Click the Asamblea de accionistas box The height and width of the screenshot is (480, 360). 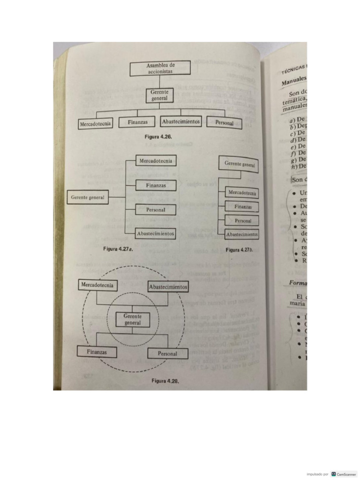pyautogui.click(x=160, y=68)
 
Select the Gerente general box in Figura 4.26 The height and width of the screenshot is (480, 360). pyautogui.click(x=160, y=96)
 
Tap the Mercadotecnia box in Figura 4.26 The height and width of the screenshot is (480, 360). pyautogui.click(x=96, y=124)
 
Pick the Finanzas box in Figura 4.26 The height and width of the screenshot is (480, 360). pyautogui.click(x=137, y=122)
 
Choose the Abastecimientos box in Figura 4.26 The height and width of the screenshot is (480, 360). pyautogui.click(x=181, y=121)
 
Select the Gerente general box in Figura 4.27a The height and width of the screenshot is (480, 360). pyautogui.click(x=88, y=197)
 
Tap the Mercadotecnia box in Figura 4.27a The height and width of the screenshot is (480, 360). pyautogui.click(x=156, y=161)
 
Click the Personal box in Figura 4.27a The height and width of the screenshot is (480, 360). pyautogui.click(x=156, y=210)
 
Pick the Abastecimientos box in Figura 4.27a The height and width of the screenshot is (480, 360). pyautogui.click(x=156, y=233)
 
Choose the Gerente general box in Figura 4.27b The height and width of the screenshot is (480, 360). pyautogui.click(x=240, y=164)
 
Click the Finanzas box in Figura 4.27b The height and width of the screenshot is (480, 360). pyautogui.click(x=243, y=206)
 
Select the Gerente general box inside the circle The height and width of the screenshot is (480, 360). pyautogui.click(x=133, y=320)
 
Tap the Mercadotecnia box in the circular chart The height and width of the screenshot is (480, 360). pyautogui.click(x=97, y=285)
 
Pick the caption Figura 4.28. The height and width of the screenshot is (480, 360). pyautogui.click(x=165, y=381)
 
